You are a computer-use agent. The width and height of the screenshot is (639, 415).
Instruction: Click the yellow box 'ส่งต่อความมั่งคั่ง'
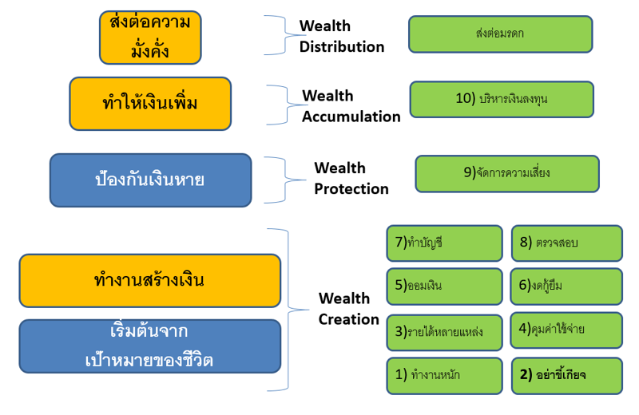pos(150,38)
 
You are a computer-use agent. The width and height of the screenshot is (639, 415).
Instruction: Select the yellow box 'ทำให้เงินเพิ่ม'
pos(150,104)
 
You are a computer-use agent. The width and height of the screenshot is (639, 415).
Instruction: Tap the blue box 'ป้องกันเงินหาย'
pos(150,180)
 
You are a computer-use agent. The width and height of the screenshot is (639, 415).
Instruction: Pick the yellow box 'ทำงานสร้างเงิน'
pos(150,280)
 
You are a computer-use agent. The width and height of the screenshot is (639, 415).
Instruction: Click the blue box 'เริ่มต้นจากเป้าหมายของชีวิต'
pos(150,346)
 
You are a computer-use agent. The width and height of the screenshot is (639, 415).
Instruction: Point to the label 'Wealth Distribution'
pos(342,37)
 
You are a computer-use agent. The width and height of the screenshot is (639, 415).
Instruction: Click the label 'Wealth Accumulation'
pos(351,106)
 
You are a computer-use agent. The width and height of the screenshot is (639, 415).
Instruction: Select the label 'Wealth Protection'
pos(351,178)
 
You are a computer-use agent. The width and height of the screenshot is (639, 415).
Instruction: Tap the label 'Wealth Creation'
pos(348,309)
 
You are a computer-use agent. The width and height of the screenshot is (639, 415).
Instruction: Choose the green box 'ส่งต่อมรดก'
pos(500,34)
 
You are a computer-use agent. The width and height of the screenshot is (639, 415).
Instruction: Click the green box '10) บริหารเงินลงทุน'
pos(502,99)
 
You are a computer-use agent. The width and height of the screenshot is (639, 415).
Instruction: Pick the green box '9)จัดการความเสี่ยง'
pos(506,173)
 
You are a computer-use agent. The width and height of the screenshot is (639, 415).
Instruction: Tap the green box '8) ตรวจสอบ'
pos(566,243)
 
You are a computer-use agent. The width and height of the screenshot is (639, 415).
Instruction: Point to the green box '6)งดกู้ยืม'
pos(566,286)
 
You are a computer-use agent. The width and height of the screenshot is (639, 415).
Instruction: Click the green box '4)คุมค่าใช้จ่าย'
pos(566,330)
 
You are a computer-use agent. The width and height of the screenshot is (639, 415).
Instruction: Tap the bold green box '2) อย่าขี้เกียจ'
pos(566,375)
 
